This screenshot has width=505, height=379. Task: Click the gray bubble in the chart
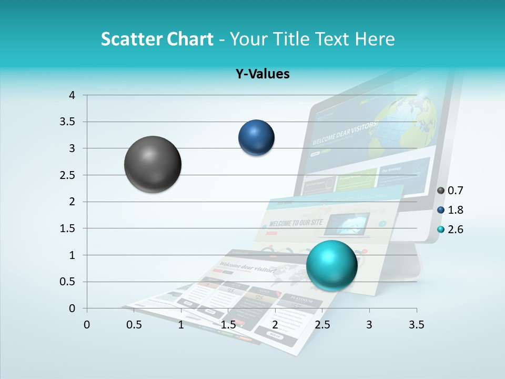tap(153, 164)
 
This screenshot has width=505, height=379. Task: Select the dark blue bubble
tap(256, 137)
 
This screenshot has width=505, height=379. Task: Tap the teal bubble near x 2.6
tap(331, 265)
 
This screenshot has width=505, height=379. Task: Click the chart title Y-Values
tap(262, 74)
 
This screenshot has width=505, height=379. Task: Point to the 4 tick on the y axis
tap(72, 95)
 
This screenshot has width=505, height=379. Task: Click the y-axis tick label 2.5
tap(67, 175)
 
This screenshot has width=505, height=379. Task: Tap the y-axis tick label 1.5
tap(67, 228)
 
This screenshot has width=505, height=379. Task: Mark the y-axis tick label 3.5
tap(67, 122)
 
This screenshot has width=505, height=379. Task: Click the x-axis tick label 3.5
tap(417, 325)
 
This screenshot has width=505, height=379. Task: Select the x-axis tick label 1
tap(181, 325)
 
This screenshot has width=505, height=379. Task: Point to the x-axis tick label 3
tap(369, 325)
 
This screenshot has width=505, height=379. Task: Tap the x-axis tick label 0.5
tap(134, 325)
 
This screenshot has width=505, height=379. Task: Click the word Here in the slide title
tap(374, 39)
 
